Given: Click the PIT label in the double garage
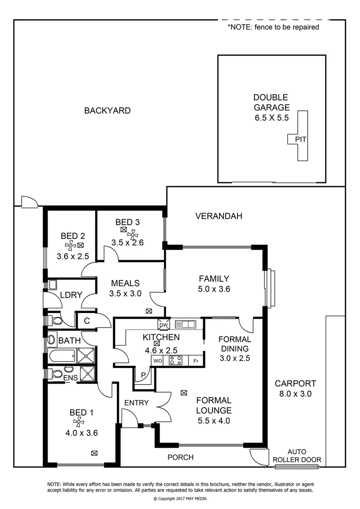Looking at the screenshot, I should tap(300, 140).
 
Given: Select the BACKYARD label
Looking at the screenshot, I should tap(107, 111).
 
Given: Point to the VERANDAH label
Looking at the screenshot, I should tap(219, 216).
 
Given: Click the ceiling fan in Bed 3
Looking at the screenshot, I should tap(133, 234).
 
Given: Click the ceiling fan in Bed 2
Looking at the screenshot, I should tap(70, 245).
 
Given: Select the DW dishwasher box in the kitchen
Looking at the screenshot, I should tap(164, 325).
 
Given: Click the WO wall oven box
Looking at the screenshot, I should tap(157, 361).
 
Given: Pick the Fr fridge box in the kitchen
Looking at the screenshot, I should tap(196, 361).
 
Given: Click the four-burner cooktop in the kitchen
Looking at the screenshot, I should tap(176, 361).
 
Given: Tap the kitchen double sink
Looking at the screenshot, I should tap(185, 324).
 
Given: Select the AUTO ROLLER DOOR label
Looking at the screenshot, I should tap(297, 455).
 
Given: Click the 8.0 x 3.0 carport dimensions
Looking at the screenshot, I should tap(295, 394).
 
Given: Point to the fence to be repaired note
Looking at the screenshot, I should tap(273, 27).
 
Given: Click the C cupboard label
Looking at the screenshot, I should tap(87, 321).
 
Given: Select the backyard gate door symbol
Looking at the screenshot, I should tap(29, 202).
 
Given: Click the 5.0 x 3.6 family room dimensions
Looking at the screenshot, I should tap(213, 289).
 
